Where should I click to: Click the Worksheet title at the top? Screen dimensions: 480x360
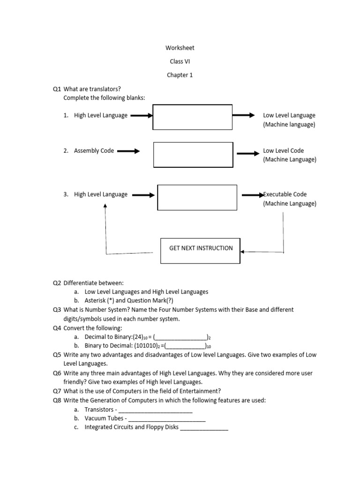[180, 48]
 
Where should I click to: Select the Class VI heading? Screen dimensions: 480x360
[180, 61]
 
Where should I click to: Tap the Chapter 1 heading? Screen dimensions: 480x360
[180, 75]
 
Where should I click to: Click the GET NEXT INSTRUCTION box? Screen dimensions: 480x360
[201, 248]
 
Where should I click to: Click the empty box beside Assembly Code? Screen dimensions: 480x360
[193, 155]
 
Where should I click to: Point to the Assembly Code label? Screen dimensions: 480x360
[94, 151]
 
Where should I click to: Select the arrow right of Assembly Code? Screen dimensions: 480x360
[128, 151]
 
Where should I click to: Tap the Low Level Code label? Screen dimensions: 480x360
[283, 151]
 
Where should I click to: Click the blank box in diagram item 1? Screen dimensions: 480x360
[192, 117]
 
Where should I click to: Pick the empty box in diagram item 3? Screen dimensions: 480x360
[197, 198]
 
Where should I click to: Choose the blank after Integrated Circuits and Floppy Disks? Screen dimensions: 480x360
[204, 428]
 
